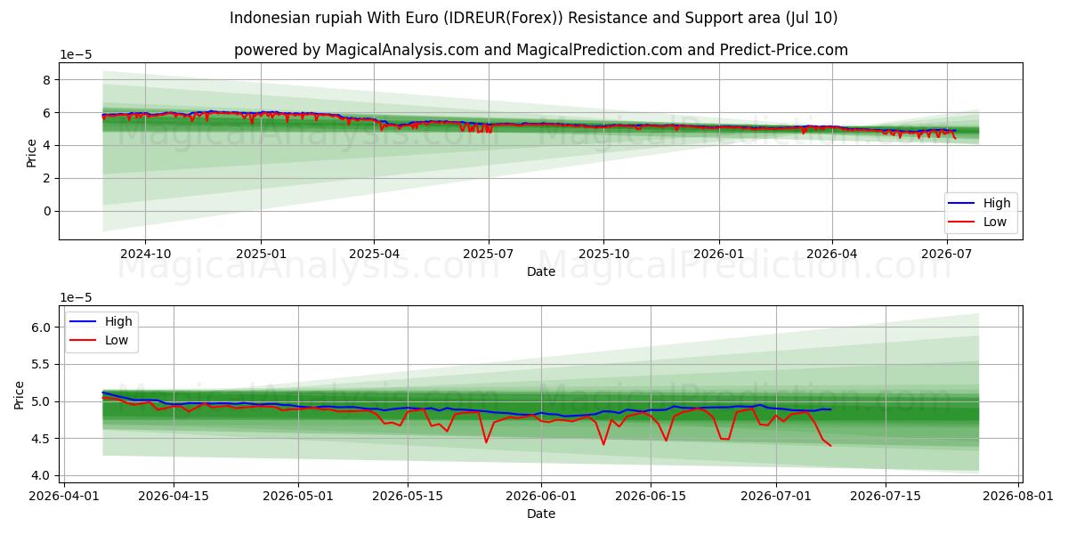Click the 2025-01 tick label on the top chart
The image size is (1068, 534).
tap(261, 254)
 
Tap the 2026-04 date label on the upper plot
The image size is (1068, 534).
tap(832, 254)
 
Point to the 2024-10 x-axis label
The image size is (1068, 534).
tap(145, 254)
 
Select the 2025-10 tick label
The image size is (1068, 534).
tap(603, 254)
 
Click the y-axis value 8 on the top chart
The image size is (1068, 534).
tap(46, 80)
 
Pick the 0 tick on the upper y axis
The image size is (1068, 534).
tap(46, 211)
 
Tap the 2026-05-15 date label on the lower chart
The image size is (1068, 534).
tap(408, 496)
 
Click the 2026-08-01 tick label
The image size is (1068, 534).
tap(1018, 496)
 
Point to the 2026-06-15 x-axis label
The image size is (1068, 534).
tap(651, 496)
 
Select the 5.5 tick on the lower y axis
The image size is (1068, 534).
tap(41, 364)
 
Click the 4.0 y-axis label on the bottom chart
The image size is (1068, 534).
tap(41, 475)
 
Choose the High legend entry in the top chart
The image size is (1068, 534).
tap(997, 203)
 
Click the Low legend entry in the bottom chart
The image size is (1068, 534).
tap(117, 340)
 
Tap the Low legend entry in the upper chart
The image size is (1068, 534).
tap(995, 222)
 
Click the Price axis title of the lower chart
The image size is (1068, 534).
tap(19, 395)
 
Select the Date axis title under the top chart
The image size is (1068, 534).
tap(541, 271)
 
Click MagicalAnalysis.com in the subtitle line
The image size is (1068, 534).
tap(402, 50)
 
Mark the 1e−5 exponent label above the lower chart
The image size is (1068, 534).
tap(76, 297)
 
